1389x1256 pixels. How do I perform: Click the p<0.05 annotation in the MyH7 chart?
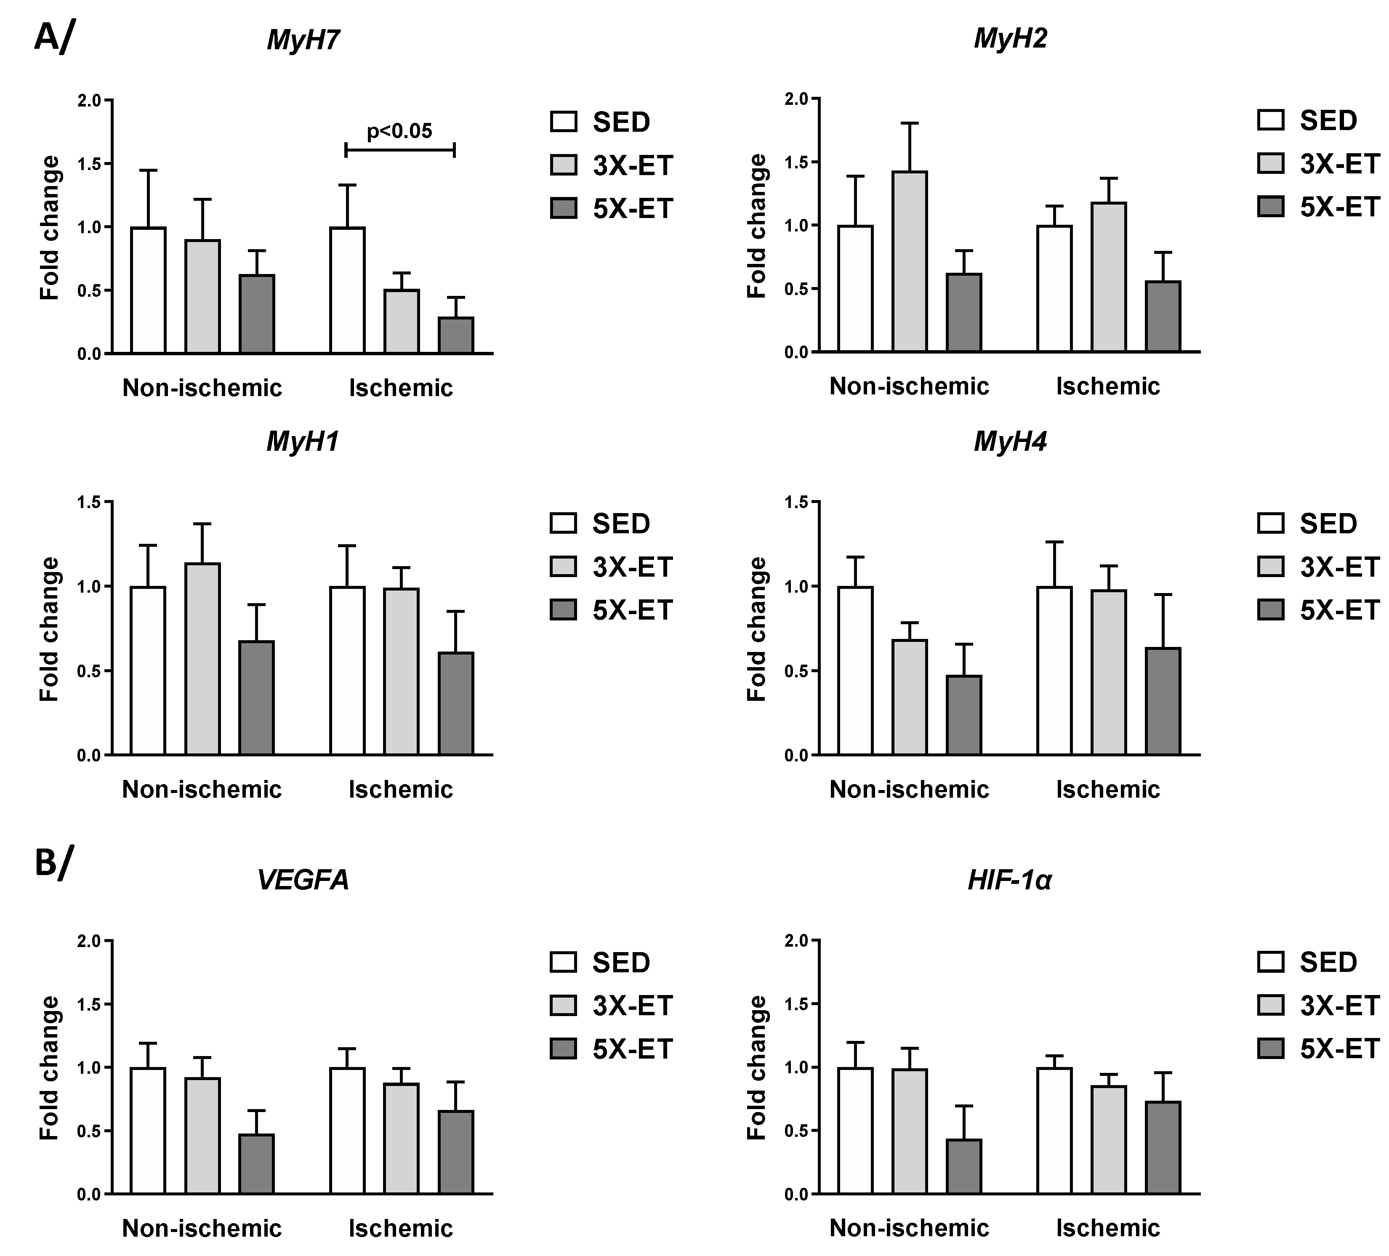pos(399,131)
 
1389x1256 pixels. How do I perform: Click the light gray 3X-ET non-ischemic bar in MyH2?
pos(910,262)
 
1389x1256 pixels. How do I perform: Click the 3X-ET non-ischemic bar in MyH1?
pos(202,659)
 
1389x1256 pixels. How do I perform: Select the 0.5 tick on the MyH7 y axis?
pos(89,291)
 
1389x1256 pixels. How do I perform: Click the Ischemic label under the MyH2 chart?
pos(1107,386)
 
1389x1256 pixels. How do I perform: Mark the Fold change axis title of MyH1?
pos(50,629)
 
